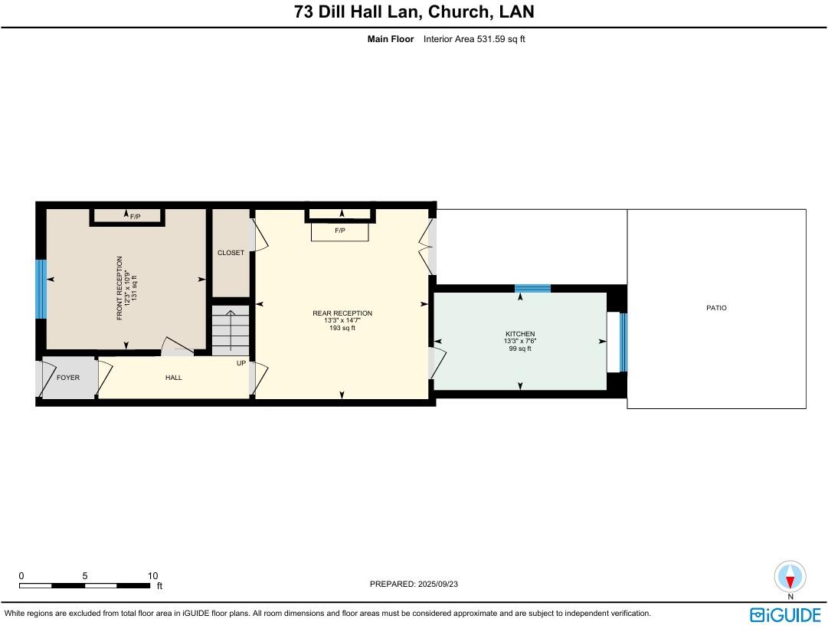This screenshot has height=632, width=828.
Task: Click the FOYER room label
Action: click(68, 378)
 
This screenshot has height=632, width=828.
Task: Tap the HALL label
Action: click(174, 378)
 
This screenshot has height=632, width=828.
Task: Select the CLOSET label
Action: click(231, 253)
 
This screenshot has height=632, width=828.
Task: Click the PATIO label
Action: click(716, 308)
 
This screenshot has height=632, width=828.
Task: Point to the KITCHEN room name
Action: click(520, 334)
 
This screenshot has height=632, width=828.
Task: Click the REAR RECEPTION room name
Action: click(342, 313)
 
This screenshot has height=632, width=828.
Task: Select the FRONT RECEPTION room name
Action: click(119, 288)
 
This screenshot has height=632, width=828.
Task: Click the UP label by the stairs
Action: click(241, 363)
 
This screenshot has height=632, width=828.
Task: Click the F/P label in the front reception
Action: click(136, 217)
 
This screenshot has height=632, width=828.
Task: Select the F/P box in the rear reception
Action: click(340, 231)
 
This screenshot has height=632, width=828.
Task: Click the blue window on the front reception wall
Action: click(41, 289)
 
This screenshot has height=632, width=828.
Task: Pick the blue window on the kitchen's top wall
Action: click(532, 288)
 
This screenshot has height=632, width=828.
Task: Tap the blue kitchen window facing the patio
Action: click(623, 342)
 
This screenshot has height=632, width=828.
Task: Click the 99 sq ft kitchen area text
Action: click(520, 349)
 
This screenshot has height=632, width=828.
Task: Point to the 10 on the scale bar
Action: click(152, 576)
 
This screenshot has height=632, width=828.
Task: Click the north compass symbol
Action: click(790, 576)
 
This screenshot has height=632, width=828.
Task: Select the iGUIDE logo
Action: click(785, 615)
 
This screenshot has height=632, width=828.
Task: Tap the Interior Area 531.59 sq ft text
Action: click(474, 39)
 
